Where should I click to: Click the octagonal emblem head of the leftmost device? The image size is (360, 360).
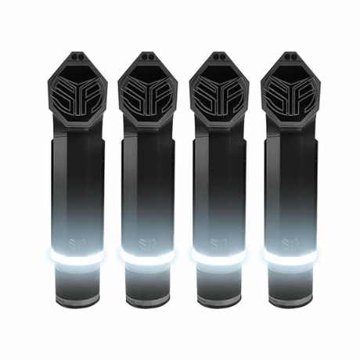77,97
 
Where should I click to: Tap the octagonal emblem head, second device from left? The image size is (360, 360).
148,97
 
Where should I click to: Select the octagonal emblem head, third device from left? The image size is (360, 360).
219,97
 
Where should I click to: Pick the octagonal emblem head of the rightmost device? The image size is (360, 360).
290,97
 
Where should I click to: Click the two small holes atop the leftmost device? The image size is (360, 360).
77,56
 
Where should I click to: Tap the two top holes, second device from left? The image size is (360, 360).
148,56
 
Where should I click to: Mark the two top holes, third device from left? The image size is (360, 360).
219,56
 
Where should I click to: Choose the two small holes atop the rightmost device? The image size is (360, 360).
290,56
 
